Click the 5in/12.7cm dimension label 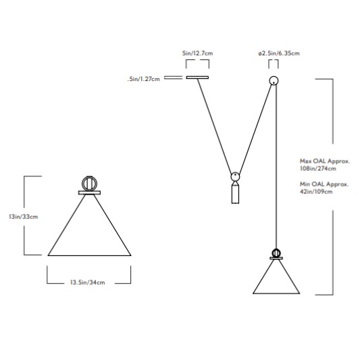click(x=197, y=53)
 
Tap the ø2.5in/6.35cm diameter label click(x=279, y=53)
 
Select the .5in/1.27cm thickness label click(x=144, y=79)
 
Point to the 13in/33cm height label click(x=24, y=217)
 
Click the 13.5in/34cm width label click(x=88, y=282)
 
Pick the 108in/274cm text click(x=318, y=169)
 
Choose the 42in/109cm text click(x=316, y=191)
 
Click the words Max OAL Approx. click(x=325, y=161)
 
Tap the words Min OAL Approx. click(x=324, y=184)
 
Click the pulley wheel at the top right click(x=274, y=80)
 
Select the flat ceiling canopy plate click(x=197, y=78)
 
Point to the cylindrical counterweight click(x=235, y=194)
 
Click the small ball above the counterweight click(x=235, y=176)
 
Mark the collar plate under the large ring click(x=90, y=192)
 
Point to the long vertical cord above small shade click(x=276, y=166)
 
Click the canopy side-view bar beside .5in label click(x=174, y=78)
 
